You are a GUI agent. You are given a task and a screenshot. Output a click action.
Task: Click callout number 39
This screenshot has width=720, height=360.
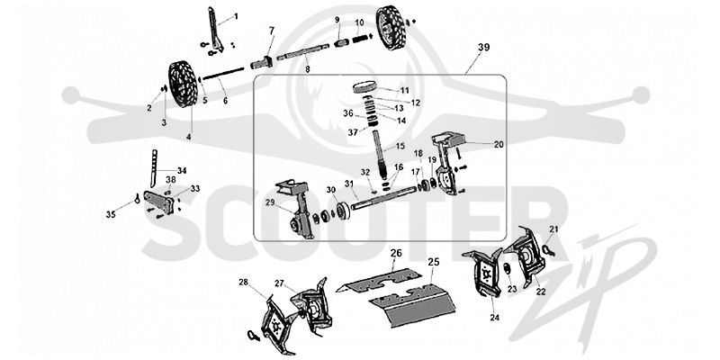483,47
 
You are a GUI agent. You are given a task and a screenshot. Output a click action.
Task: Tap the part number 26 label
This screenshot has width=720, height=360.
396,253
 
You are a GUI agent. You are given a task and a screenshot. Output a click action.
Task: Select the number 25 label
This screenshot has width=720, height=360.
434,262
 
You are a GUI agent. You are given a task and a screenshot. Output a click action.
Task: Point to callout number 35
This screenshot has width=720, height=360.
111,214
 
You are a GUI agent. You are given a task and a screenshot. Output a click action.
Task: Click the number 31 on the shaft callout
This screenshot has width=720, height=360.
349,184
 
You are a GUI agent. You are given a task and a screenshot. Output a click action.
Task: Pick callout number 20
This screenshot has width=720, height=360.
499,144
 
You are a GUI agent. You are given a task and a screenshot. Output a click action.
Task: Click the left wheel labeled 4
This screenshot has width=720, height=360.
183,85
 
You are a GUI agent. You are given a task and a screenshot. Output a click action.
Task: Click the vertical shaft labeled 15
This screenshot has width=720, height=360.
380,155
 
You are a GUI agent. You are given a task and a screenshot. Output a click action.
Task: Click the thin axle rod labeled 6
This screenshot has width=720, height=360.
222,75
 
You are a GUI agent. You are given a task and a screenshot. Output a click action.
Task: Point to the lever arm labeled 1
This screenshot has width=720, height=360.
215,29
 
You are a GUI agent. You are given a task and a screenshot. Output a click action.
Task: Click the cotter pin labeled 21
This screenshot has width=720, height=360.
548,249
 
